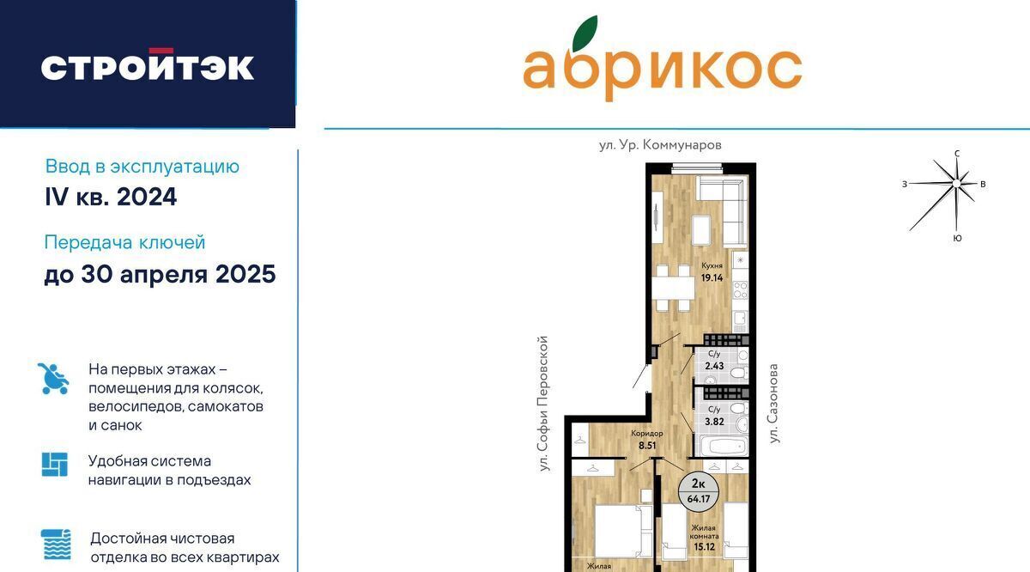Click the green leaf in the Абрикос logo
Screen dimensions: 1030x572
pyautogui.click(x=585, y=33)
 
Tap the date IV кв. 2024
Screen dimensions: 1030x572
pyautogui.click(x=111, y=197)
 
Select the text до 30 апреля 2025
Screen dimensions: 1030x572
pyautogui.click(x=160, y=274)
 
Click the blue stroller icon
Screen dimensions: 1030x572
pyautogui.click(x=53, y=379)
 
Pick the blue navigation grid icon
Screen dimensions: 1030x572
pyautogui.click(x=55, y=465)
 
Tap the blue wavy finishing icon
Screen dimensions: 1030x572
pyautogui.click(x=56, y=545)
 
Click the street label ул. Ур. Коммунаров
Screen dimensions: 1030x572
pyautogui.click(x=660, y=145)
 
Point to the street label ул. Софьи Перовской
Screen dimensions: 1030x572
pyautogui.click(x=544, y=404)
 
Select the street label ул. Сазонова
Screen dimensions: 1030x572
pyautogui.click(x=773, y=404)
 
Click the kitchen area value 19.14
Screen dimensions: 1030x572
pyautogui.click(x=712, y=277)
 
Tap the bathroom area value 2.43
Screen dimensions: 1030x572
pyautogui.click(x=714, y=366)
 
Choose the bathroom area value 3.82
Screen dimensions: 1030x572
pyautogui.click(x=714, y=422)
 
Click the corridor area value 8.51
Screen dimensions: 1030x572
pyautogui.click(x=647, y=446)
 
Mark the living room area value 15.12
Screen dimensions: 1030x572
pyautogui.click(x=705, y=547)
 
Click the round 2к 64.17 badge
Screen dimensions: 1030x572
pyautogui.click(x=699, y=491)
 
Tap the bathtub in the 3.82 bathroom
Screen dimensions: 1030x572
pyautogui.click(x=722, y=446)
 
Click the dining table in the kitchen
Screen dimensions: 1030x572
pyautogui.click(x=673, y=288)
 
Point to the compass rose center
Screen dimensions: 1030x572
pyautogui.click(x=956, y=184)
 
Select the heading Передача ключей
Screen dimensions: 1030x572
pyautogui.click(x=124, y=242)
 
